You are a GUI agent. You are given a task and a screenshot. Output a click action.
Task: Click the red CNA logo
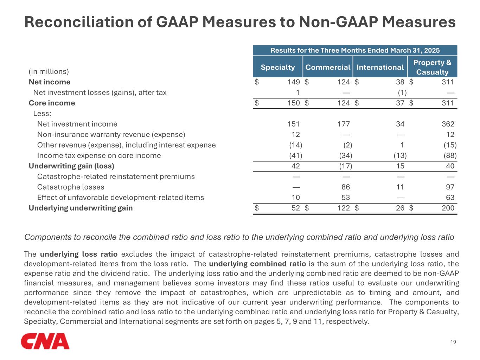click(x=45, y=341)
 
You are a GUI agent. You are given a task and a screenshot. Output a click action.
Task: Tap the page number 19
click(x=453, y=342)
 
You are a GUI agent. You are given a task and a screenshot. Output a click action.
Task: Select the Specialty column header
click(x=278, y=67)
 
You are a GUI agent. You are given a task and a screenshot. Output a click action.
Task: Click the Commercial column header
click(x=328, y=67)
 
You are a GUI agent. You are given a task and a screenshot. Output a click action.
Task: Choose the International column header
click(x=380, y=67)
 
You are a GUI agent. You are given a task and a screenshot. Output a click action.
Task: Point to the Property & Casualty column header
click(x=432, y=67)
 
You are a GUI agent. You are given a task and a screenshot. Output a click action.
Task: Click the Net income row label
click(x=50, y=82)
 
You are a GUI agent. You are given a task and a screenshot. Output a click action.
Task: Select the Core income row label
click(x=52, y=103)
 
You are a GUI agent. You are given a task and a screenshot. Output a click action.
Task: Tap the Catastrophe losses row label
click(x=71, y=187)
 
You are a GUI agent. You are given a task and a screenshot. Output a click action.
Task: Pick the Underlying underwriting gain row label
click(x=81, y=208)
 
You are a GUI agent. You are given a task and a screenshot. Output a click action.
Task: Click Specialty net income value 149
click(x=294, y=82)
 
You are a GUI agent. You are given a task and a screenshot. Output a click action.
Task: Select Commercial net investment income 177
click(x=344, y=124)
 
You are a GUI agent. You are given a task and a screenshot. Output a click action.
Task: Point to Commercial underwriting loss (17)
click(x=346, y=166)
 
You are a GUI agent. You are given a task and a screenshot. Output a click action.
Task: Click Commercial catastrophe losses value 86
click(x=346, y=187)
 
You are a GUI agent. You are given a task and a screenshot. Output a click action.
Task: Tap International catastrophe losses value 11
click(x=400, y=187)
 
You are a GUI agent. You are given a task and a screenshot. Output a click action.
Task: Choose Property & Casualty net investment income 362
click(x=448, y=124)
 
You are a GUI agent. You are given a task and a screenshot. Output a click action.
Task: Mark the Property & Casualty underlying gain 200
click(x=448, y=208)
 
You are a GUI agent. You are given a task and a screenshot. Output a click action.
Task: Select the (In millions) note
click(x=49, y=71)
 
